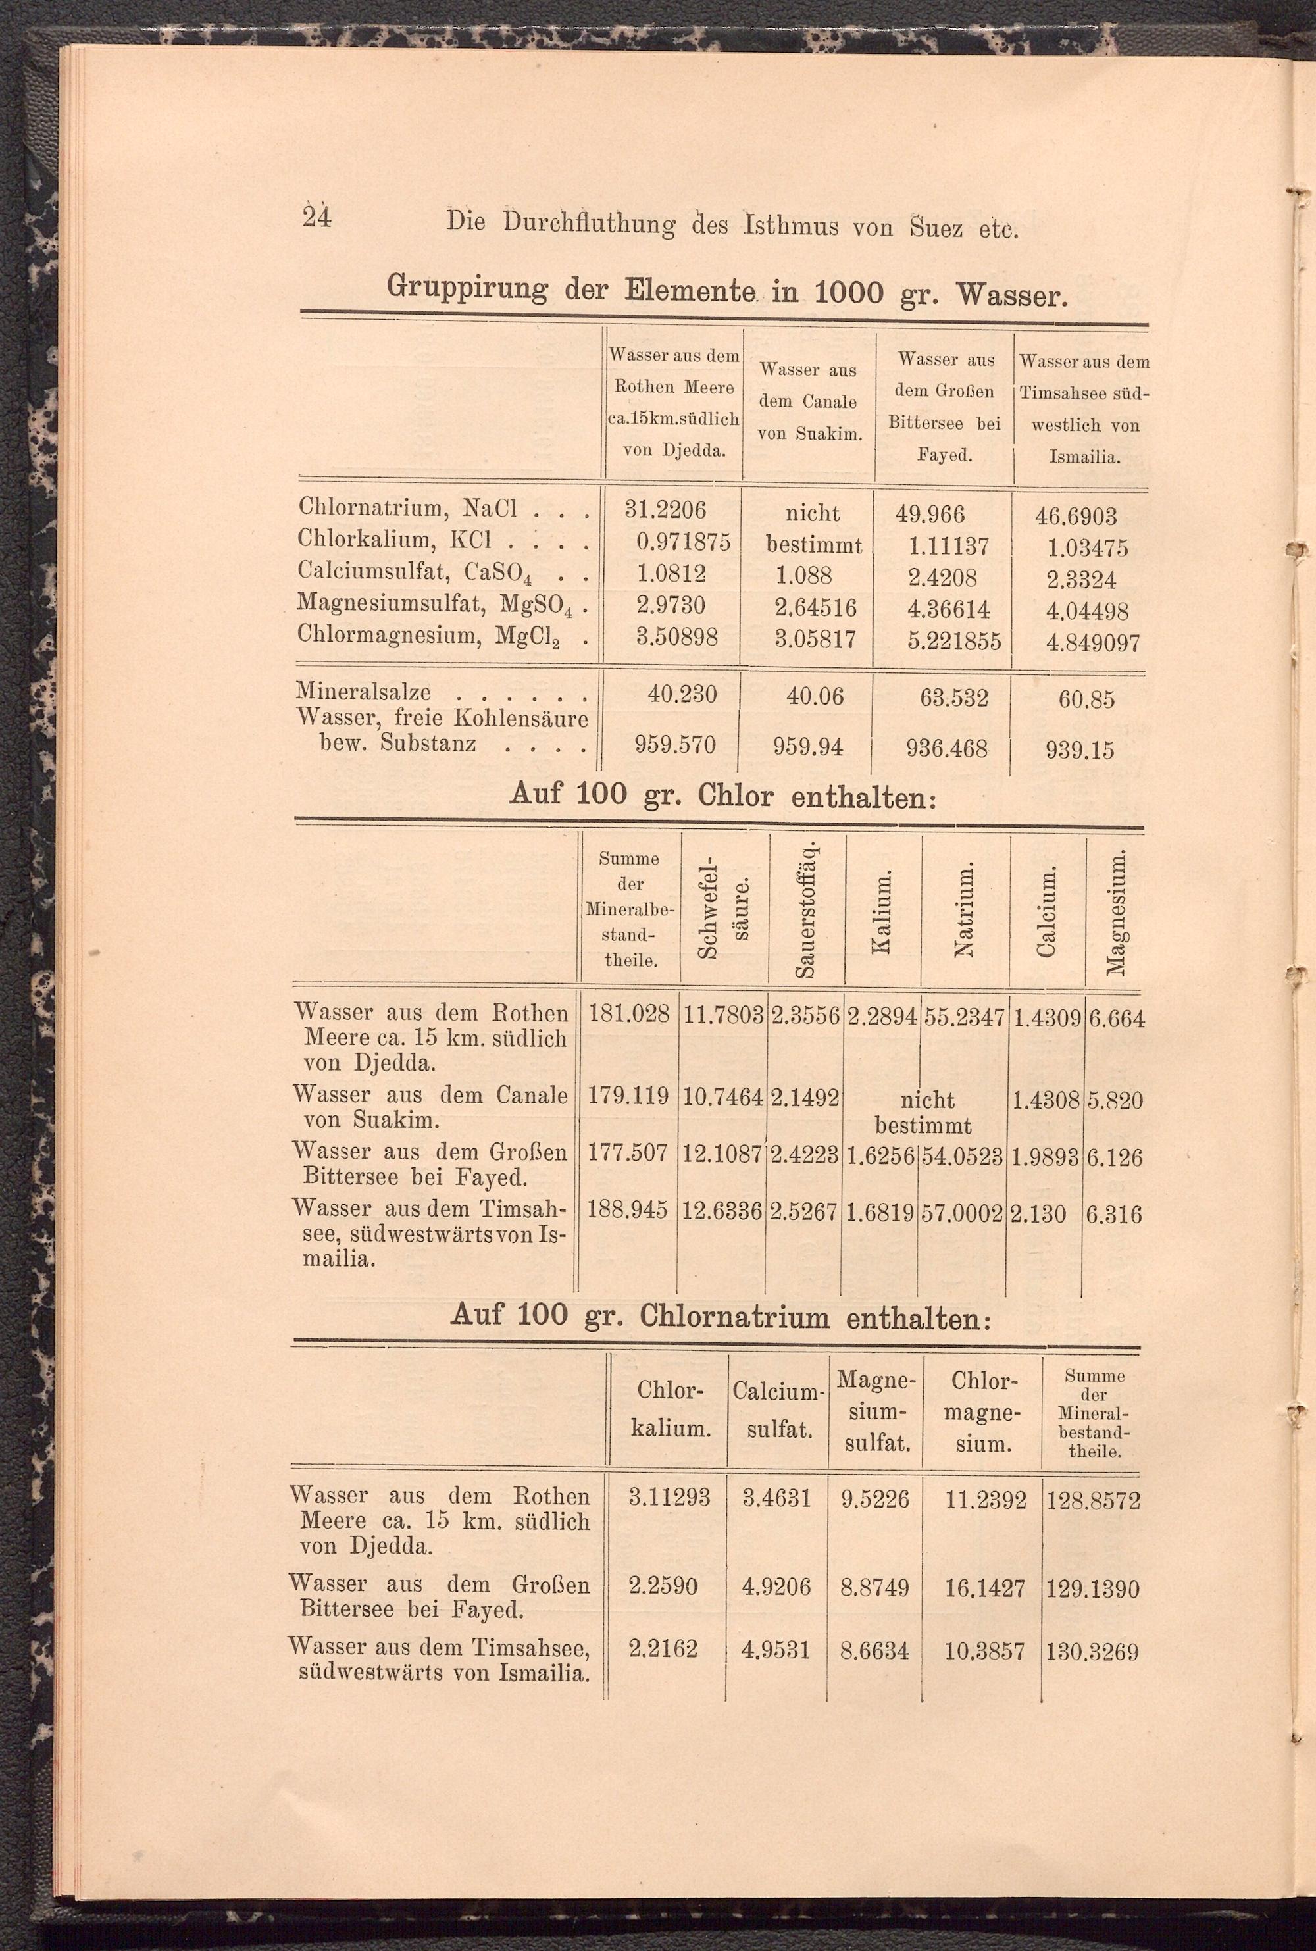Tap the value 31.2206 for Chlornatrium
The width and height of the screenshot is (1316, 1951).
click(x=665, y=509)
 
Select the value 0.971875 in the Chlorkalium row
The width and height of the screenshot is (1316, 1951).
click(x=682, y=542)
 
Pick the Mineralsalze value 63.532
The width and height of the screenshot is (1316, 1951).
click(x=954, y=697)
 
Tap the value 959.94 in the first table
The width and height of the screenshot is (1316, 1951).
click(x=808, y=746)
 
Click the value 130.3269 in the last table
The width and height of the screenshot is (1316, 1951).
click(x=1092, y=1653)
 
